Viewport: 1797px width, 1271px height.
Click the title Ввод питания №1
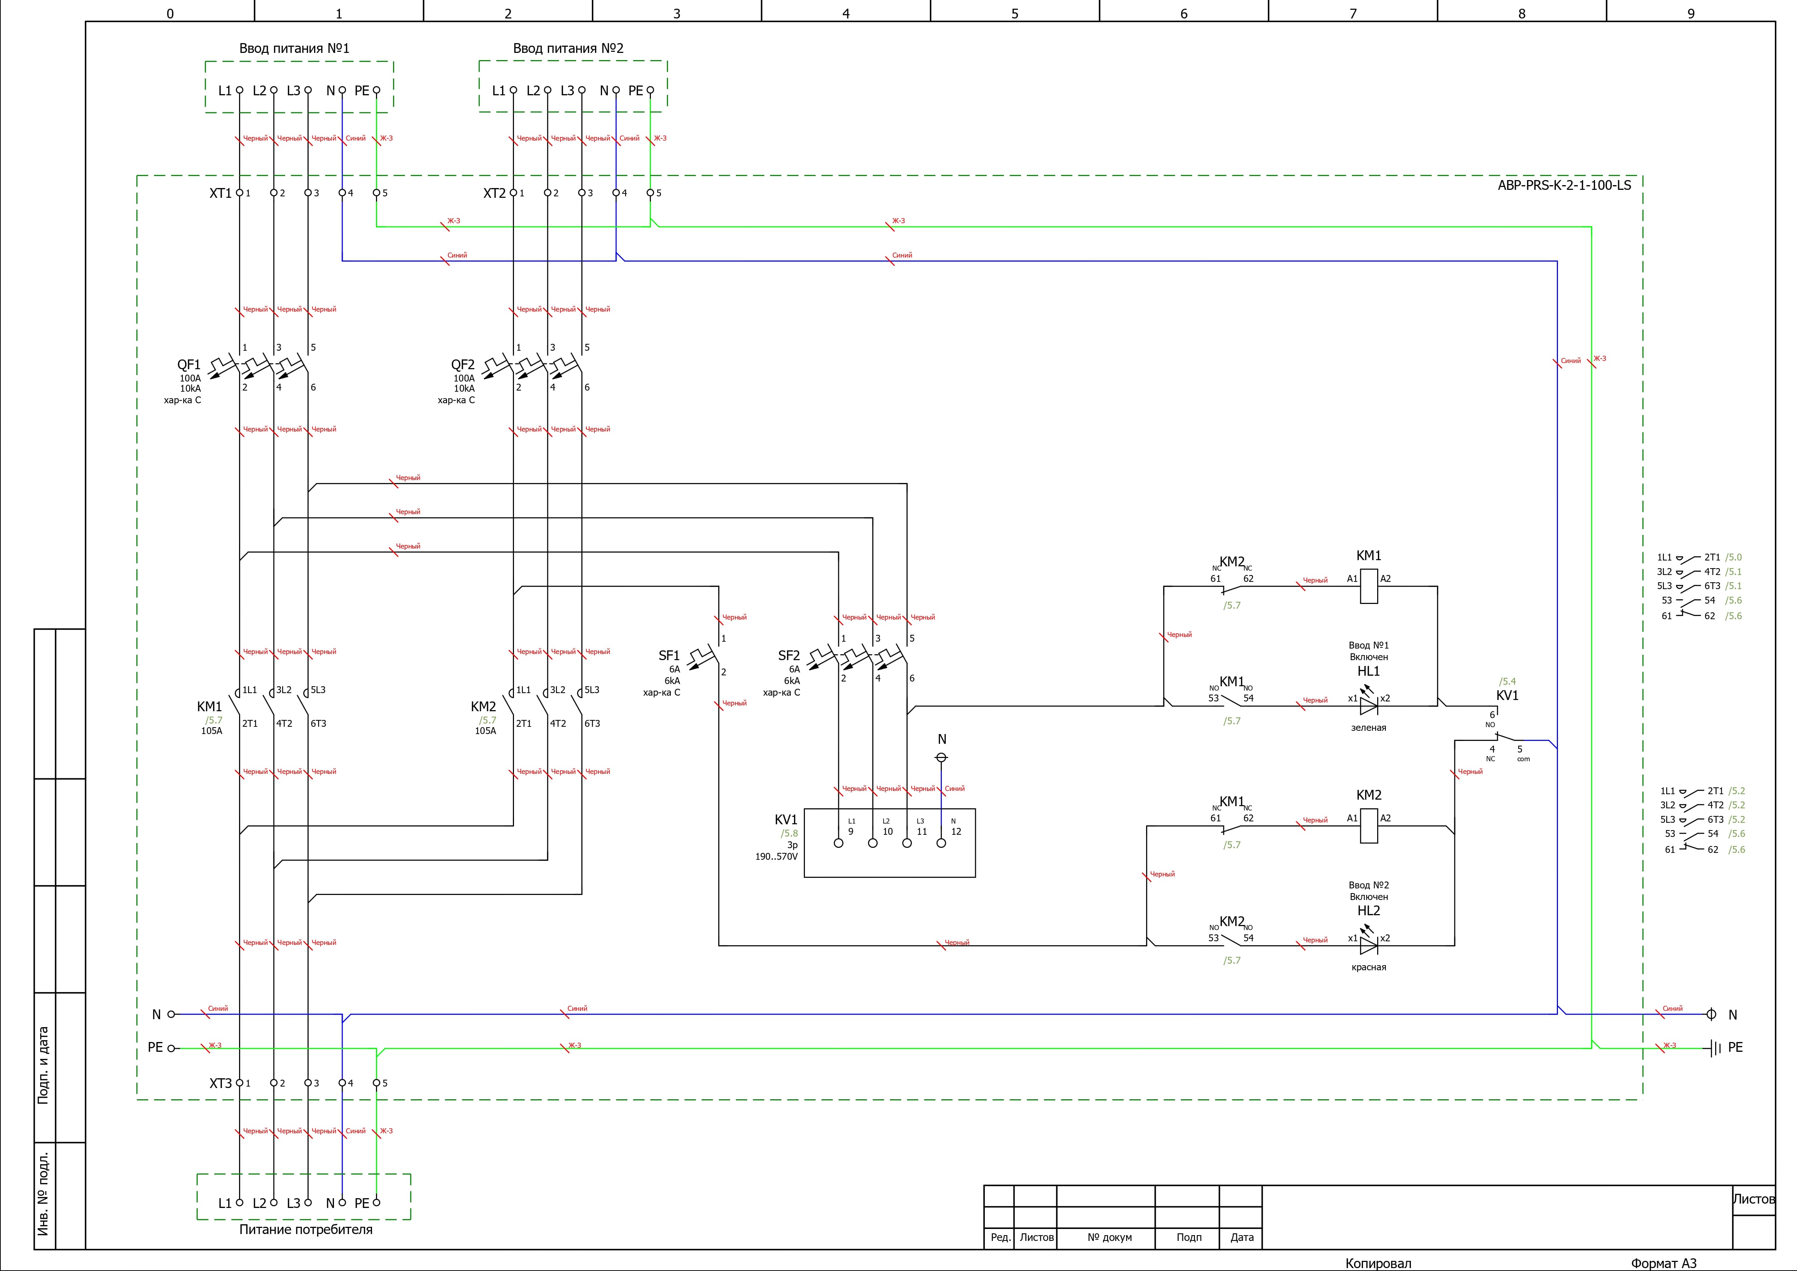point(294,49)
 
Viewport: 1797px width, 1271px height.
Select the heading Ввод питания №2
point(568,49)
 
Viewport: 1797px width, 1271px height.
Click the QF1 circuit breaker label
point(189,365)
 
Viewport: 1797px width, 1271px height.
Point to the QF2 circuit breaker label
point(463,365)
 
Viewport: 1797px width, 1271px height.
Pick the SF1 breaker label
point(669,656)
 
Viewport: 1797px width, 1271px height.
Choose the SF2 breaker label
point(789,656)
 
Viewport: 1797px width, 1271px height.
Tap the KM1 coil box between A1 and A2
point(1369,586)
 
